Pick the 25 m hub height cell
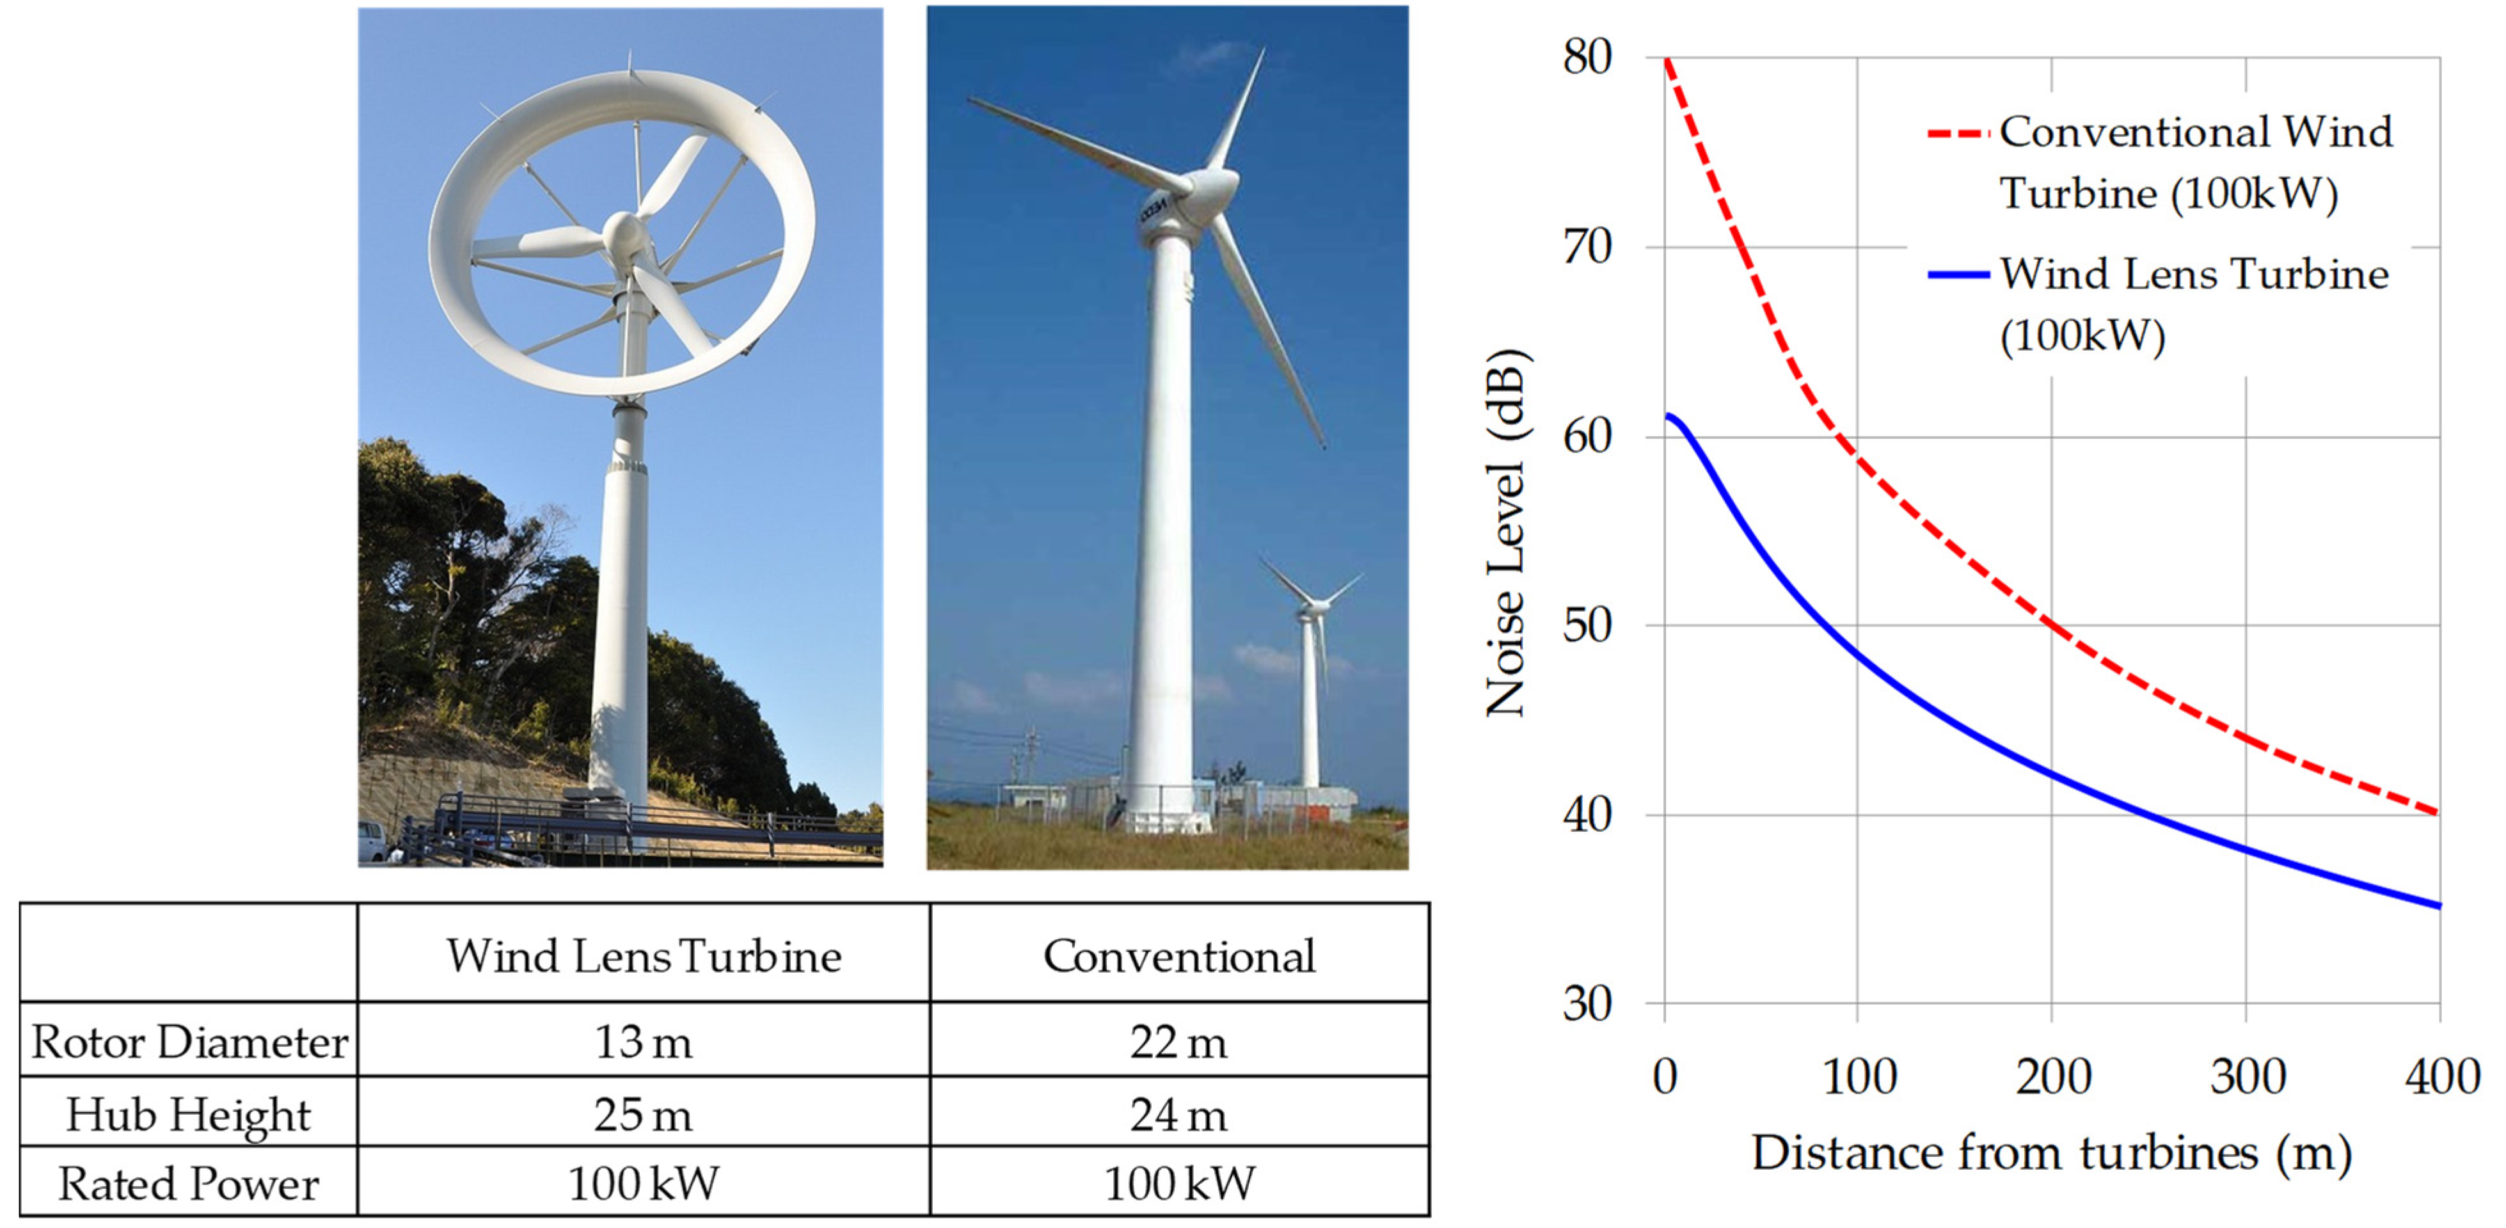click(x=643, y=1114)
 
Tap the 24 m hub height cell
click(x=1178, y=1114)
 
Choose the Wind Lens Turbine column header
click(x=643, y=955)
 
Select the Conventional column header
click(x=1178, y=955)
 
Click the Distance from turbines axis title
click(x=2050, y=1153)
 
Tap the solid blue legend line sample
click(x=1957, y=275)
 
